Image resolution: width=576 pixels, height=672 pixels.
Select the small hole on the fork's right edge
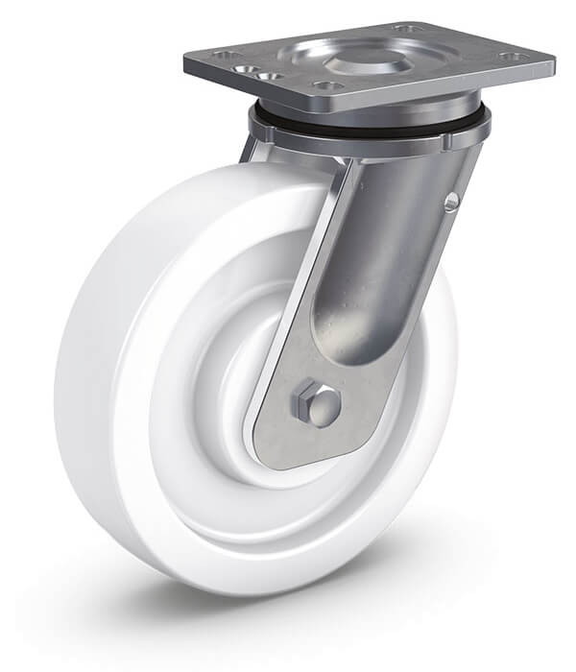click(x=451, y=200)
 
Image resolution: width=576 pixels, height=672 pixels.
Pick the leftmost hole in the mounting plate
click(x=223, y=55)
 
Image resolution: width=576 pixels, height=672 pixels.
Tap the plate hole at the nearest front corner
click(x=329, y=86)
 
